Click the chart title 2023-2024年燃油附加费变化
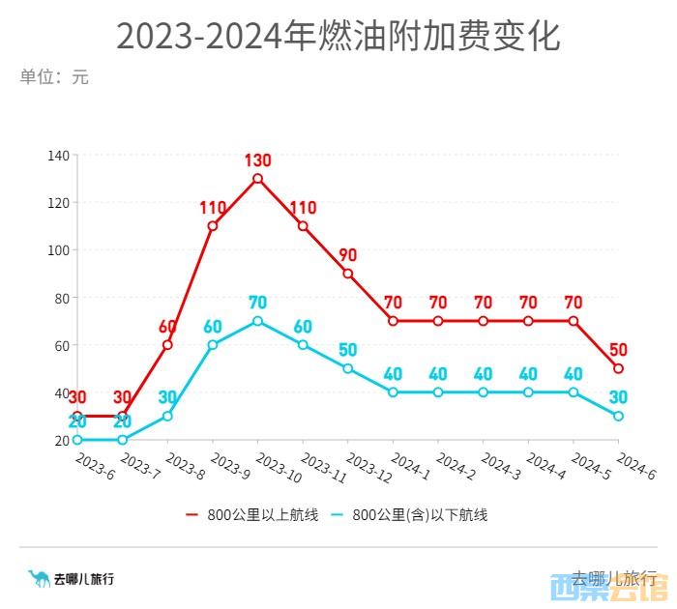[338, 37]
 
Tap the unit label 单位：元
[54, 77]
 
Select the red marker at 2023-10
[258, 179]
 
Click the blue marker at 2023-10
[258, 321]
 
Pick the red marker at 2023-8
[167, 344]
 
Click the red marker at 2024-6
[618, 368]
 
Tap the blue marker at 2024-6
[618, 416]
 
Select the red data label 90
[348, 255]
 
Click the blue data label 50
[348, 350]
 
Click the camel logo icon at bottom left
[39, 578]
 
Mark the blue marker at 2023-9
[213, 344]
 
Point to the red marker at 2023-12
[348, 274]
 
